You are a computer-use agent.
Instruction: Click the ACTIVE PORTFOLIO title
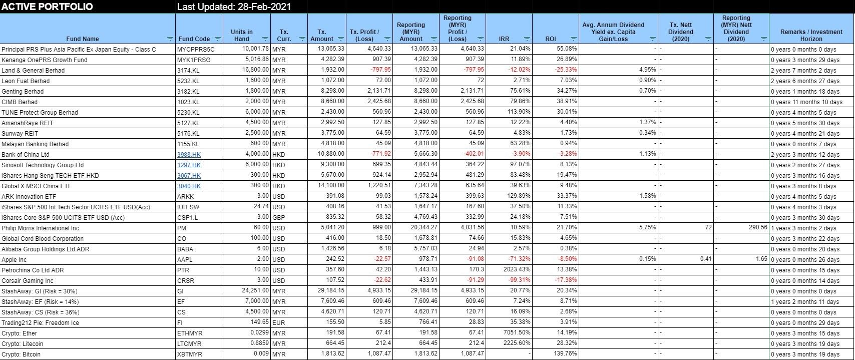click(48, 7)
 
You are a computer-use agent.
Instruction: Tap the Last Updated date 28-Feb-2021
click(266, 7)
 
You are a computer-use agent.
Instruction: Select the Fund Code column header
click(194, 39)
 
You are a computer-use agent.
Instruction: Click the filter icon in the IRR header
click(527, 39)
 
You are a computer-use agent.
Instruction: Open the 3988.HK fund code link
click(189, 155)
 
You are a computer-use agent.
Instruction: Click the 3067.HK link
click(189, 176)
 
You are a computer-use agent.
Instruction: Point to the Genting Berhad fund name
click(23, 92)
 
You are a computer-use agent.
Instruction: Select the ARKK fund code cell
click(186, 197)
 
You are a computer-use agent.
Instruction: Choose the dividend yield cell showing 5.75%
click(648, 227)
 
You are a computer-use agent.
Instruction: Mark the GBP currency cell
click(279, 218)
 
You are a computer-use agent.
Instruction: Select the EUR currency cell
click(279, 322)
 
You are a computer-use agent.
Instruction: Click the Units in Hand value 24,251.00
click(255, 290)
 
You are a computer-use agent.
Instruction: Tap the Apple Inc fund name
click(14, 260)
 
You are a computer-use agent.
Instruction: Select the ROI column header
click(551, 39)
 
